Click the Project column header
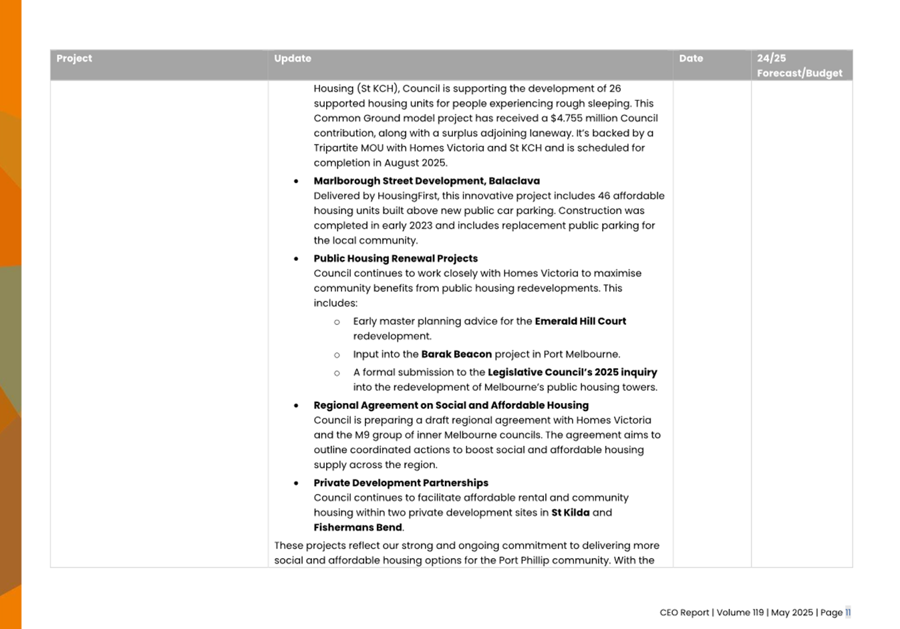(74, 59)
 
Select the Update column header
(293, 59)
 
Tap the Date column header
(691, 59)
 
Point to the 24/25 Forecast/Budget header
(799, 66)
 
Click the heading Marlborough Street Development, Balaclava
(426, 181)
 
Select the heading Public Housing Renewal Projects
(396, 259)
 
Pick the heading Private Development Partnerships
(401, 483)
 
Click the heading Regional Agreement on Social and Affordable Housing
(451, 406)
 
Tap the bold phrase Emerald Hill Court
(580, 322)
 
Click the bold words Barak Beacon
(456, 355)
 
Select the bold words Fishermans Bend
(357, 528)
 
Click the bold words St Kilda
(570, 513)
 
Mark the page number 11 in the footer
(848, 613)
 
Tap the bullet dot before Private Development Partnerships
(296, 483)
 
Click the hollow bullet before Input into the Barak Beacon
(337, 356)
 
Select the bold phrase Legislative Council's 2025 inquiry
(572, 373)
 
